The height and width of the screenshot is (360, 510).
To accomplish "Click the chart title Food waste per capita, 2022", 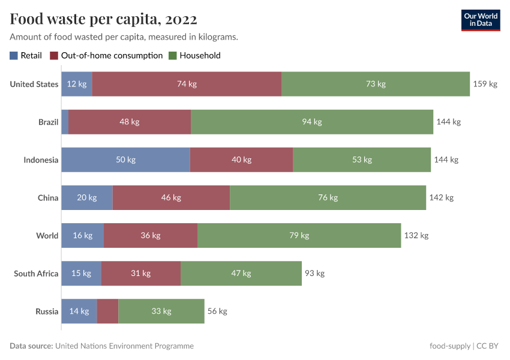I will (x=103, y=19).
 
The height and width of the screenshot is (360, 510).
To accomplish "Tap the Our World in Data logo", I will (x=481, y=19).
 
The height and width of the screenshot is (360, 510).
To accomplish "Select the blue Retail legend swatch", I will (x=14, y=56).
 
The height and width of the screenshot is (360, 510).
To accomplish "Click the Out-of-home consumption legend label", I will (x=112, y=56).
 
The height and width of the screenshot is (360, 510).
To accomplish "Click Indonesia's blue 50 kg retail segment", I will (x=125, y=160).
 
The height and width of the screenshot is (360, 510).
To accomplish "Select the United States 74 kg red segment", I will (x=187, y=84).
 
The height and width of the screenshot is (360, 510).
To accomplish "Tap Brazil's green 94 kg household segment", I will (x=312, y=122).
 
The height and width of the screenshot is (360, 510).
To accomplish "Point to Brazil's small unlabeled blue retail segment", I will (x=65, y=122).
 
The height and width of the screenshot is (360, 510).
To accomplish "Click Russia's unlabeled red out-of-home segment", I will (x=108, y=311).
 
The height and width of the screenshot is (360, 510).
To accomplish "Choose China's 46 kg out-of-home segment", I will (x=171, y=197).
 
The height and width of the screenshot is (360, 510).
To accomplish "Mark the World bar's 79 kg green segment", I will (x=299, y=235).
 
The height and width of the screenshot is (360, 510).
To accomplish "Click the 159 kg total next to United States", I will (x=485, y=84).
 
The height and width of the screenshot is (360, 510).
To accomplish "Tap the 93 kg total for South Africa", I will (x=314, y=274).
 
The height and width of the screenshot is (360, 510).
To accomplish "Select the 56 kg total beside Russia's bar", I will (x=217, y=311).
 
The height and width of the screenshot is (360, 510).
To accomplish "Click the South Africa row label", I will (x=36, y=274).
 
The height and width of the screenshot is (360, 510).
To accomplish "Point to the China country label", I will (x=47, y=197).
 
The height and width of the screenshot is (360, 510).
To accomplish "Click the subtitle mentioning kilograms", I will (x=124, y=37).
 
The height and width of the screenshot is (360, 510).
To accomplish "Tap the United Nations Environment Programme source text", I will (x=124, y=346).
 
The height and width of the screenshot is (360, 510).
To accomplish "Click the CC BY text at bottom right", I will (x=488, y=346).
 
